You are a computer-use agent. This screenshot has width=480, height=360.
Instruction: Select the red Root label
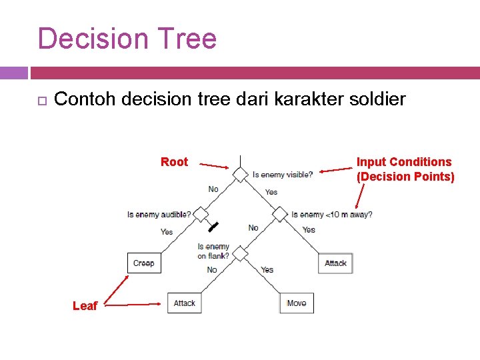pyautogui.click(x=175, y=162)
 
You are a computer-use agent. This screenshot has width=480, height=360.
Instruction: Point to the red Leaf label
pyautogui.click(x=85, y=306)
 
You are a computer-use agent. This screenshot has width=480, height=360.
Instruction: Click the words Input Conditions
pyautogui.click(x=403, y=162)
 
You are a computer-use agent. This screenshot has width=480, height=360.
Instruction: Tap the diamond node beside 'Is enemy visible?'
pyautogui.click(x=239, y=175)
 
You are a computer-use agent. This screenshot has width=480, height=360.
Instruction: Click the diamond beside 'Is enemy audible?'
pyautogui.click(x=201, y=215)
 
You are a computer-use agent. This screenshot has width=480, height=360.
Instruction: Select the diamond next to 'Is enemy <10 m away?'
pyautogui.click(x=280, y=215)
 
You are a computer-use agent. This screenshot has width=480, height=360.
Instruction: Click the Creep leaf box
pyautogui.click(x=144, y=263)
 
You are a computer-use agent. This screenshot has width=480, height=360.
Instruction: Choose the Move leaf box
pyautogui.click(x=297, y=303)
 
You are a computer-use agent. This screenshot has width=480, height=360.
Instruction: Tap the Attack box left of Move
pyautogui.click(x=184, y=303)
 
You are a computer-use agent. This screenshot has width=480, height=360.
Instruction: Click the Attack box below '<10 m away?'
pyautogui.click(x=335, y=263)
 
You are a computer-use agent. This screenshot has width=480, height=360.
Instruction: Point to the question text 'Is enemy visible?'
pyautogui.click(x=283, y=175)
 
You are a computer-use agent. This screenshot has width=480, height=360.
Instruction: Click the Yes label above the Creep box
pyautogui.click(x=167, y=232)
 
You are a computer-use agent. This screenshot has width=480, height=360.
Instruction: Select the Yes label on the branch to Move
pyautogui.click(x=267, y=270)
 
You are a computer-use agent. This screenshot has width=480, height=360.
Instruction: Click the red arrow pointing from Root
pyautogui.click(x=214, y=165)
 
